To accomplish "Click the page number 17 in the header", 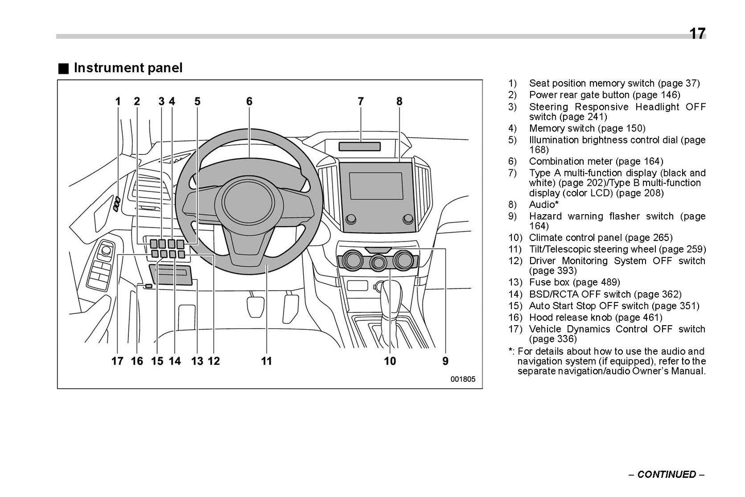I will pyautogui.click(x=697, y=34).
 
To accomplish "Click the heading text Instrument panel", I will pyautogui.click(x=128, y=68).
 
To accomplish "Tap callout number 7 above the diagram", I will pyautogui.click(x=360, y=102).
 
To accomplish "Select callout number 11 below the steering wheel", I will pyautogui.click(x=266, y=361).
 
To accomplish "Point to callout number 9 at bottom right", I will pyautogui.click(x=445, y=361).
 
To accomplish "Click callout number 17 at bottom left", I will pyautogui.click(x=118, y=361).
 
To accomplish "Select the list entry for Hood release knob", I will pyautogui.click(x=595, y=317).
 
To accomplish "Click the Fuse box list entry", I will pyautogui.click(x=574, y=282).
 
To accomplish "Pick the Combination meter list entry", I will pyautogui.click(x=595, y=162).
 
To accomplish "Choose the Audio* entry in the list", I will pyautogui.click(x=543, y=204).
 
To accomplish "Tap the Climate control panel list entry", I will pyautogui.click(x=600, y=237).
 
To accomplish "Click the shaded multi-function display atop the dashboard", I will pyautogui.click(x=359, y=147).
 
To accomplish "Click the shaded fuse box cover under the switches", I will pyautogui.click(x=171, y=275).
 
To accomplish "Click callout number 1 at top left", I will pyautogui.click(x=118, y=102).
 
